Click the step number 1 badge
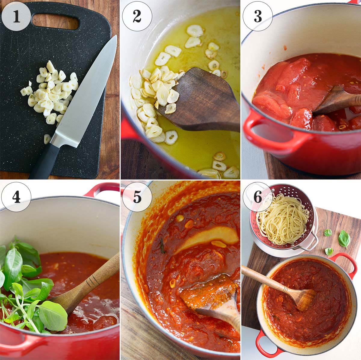[x=16, y=16]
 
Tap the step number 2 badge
[x=137, y=16]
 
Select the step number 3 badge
[x=258, y=16]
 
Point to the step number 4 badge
[x=16, y=197]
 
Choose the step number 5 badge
[x=137, y=197]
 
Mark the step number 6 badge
[x=258, y=197]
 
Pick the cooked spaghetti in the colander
[x=283, y=220]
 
